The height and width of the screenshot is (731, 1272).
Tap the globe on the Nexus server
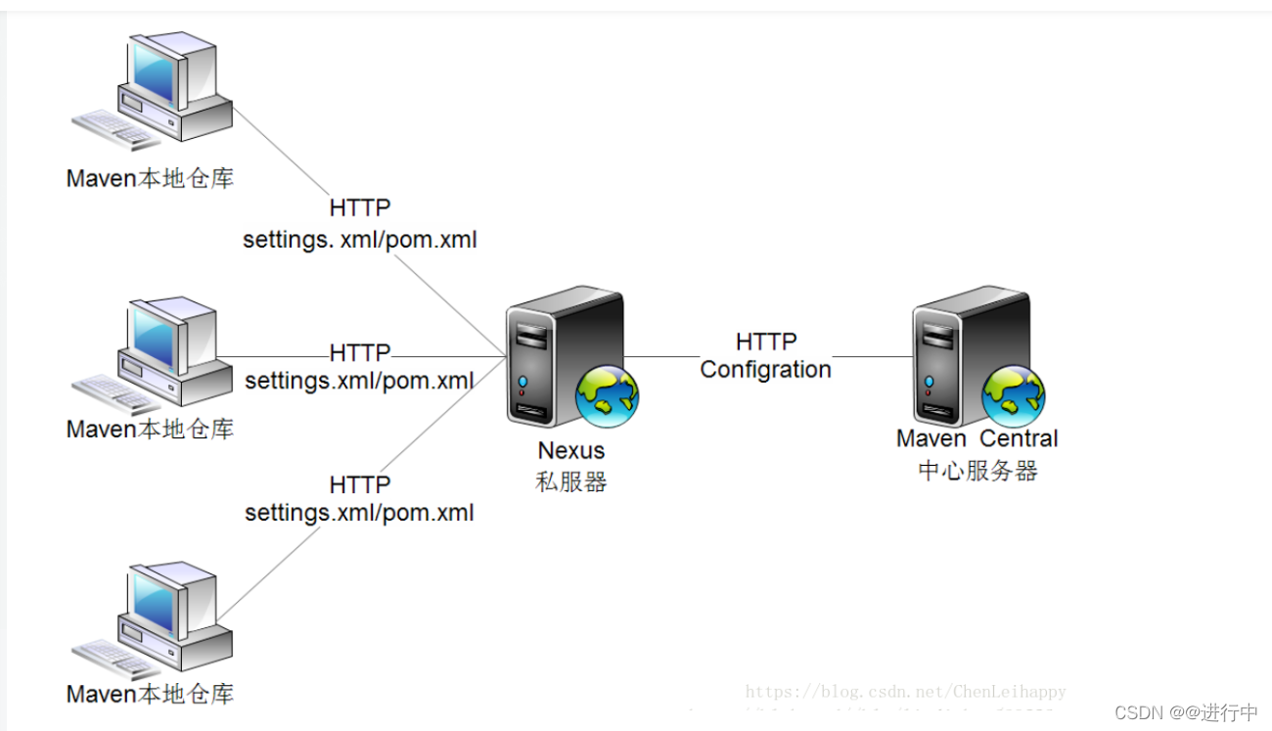coord(607,395)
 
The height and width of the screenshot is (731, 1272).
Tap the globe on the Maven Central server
coord(1014,394)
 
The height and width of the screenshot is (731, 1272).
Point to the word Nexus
coord(571,451)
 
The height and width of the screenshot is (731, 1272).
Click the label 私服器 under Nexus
coord(571,481)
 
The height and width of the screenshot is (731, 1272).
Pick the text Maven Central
coord(977,438)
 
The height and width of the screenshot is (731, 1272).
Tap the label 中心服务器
coord(977,471)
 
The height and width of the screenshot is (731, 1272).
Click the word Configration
coord(765,369)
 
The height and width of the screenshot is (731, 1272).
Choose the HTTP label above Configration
coord(765,342)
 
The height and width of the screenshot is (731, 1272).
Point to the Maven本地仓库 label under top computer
coord(150,178)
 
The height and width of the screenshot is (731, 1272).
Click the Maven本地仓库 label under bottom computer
coord(150,695)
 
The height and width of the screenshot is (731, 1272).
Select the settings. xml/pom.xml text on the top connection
coord(359,240)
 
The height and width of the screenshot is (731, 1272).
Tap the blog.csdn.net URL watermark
coord(905,692)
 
